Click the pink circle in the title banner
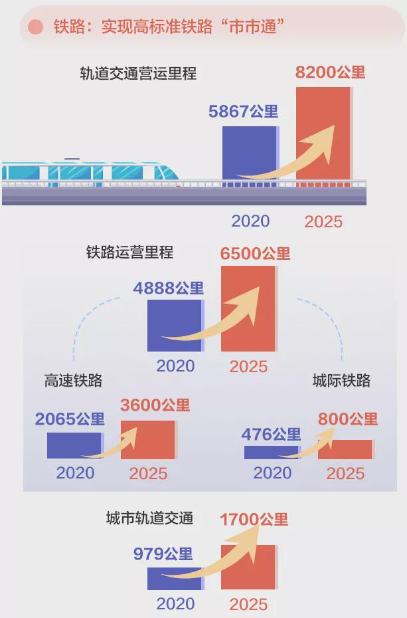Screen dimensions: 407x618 35,27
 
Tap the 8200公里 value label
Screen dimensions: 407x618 330,72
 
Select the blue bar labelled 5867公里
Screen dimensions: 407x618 250,153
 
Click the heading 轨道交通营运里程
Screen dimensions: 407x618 138,74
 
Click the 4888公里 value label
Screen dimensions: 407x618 168,288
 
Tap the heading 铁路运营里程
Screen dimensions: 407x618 130,253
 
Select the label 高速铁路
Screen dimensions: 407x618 73,381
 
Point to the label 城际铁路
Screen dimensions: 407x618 341,381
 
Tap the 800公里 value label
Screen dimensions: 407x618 348,419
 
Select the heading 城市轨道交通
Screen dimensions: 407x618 149,518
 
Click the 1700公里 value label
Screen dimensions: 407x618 254,520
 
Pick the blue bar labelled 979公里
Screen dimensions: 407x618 175,579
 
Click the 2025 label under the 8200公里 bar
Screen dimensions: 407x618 323,221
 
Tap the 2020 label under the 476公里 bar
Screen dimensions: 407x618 272,473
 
